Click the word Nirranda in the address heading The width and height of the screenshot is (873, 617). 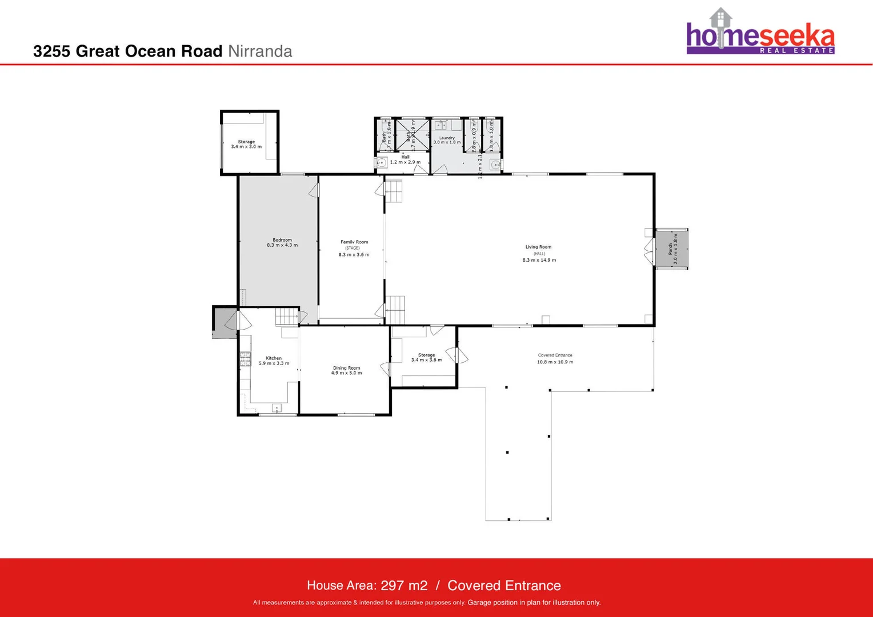pos(260,51)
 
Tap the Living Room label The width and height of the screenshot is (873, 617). pos(538,247)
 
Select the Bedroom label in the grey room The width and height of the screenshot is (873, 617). pos(282,240)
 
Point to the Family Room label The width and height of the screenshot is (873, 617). pos(354,242)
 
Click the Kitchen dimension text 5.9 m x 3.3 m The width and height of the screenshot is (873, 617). pos(274,363)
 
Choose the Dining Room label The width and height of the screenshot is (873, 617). pos(346,368)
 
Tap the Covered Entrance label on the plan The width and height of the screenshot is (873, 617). pos(555,355)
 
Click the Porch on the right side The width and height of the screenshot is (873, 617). pos(672,249)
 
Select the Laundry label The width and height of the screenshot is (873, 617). pos(447,138)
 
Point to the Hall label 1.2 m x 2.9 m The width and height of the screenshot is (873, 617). pos(405,160)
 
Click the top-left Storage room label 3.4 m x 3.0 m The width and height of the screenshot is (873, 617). pos(246,144)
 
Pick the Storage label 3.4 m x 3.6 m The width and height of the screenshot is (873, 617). pos(426,357)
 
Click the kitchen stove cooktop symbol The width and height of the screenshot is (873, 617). pos(245,359)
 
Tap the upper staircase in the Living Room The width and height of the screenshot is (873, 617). pos(394,191)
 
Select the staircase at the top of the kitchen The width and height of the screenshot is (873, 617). pos(287,316)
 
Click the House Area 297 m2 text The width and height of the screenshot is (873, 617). pos(367,586)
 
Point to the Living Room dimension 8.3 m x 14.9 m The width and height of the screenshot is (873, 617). pos(539,260)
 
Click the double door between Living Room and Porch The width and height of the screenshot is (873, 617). pos(649,251)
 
